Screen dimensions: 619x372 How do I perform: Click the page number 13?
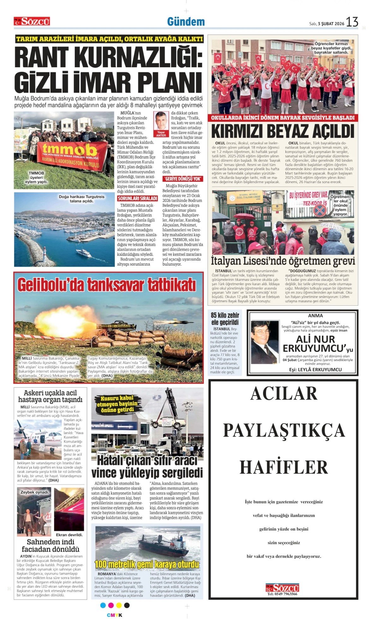coord(352,22)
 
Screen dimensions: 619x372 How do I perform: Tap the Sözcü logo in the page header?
coord(32,21)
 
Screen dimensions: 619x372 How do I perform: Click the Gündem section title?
coord(186,22)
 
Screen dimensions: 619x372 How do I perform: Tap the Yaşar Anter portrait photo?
coord(161,121)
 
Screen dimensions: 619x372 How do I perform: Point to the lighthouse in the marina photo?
coord(44,253)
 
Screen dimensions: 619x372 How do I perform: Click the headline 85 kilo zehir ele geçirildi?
coord(225,319)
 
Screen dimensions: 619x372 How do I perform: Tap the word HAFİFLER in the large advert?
coord(284,467)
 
